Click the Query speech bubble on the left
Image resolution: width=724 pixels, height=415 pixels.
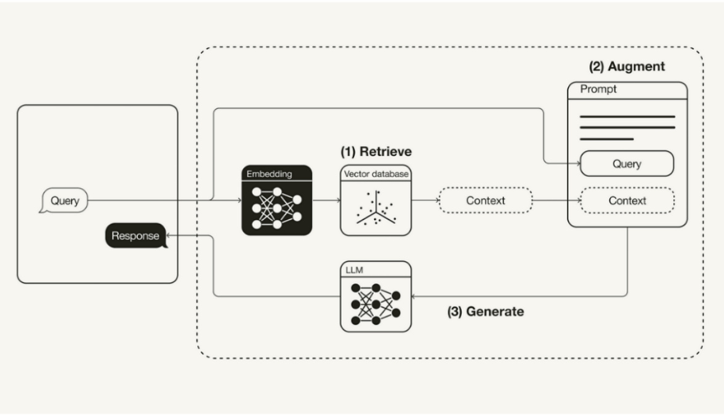[64, 200]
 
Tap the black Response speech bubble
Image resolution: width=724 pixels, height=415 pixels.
[135, 235]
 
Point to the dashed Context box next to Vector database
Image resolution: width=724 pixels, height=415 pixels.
[485, 200]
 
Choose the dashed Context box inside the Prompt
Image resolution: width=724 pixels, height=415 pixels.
[627, 200]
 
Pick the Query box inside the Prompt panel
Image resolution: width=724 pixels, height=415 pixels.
[627, 164]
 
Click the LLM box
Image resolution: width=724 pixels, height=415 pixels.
[376, 297]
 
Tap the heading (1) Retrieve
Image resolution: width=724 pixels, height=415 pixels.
[376, 151]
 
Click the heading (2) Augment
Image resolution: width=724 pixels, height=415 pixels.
[627, 66]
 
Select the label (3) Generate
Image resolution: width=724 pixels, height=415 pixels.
[486, 312]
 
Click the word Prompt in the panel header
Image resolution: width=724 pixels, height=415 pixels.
[598, 90]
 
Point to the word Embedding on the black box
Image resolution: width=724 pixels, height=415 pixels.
[269, 174]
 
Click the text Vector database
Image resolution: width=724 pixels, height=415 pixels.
[376, 174]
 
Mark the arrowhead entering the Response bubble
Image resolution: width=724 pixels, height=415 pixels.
[171, 235]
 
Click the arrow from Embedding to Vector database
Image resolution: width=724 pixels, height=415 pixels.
[326, 200]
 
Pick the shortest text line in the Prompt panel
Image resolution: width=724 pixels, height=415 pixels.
[606, 139]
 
